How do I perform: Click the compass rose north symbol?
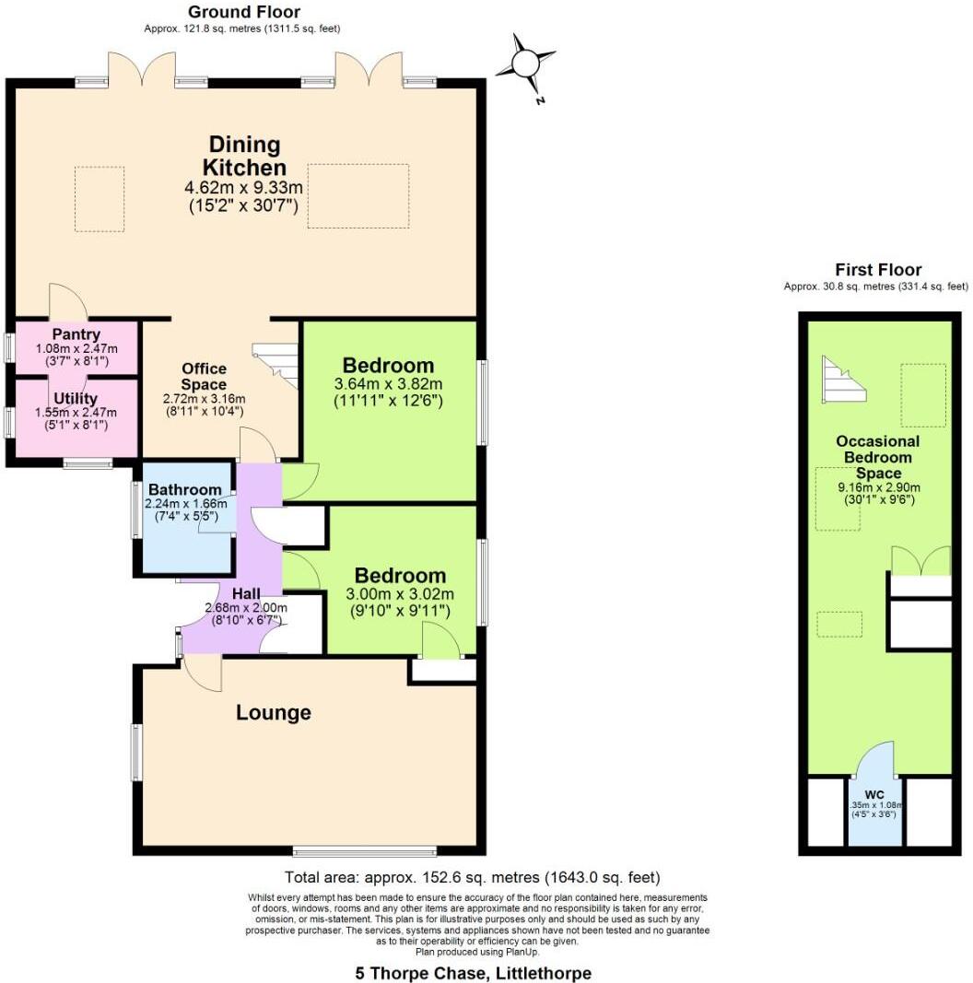(x=525, y=64)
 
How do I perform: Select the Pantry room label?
(x=76, y=334)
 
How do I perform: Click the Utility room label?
(x=76, y=398)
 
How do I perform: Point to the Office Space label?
(x=204, y=377)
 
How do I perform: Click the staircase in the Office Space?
(x=277, y=365)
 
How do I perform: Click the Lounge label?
(x=274, y=712)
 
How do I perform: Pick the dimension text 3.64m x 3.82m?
(x=388, y=384)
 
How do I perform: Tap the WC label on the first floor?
(x=873, y=794)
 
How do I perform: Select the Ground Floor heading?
(x=243, y=12)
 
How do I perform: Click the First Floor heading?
(x=877, y=270)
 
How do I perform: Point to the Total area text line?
(x=471, y=877)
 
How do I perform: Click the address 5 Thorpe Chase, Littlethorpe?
(x=473, y=973)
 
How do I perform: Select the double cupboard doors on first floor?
(x=920, y=560)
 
